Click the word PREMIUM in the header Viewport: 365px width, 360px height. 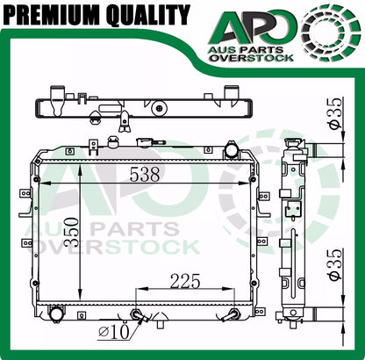pyautogui.click(x=48, y=15)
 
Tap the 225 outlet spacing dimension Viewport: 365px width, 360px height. pyautogui.click(x=185, y=281)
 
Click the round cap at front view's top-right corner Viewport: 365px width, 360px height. pyautogui.click(x=231, y=150)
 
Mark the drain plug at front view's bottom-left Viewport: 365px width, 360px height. pyautogui.click(x=58, y=313)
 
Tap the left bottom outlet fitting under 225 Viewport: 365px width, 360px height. pyautogui.click(x=137, y=315)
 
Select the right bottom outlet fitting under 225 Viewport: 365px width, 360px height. pyautogui.click(x=233, y=315)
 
